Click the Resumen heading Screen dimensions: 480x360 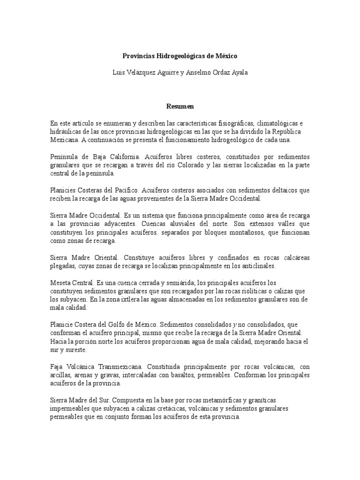180,106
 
